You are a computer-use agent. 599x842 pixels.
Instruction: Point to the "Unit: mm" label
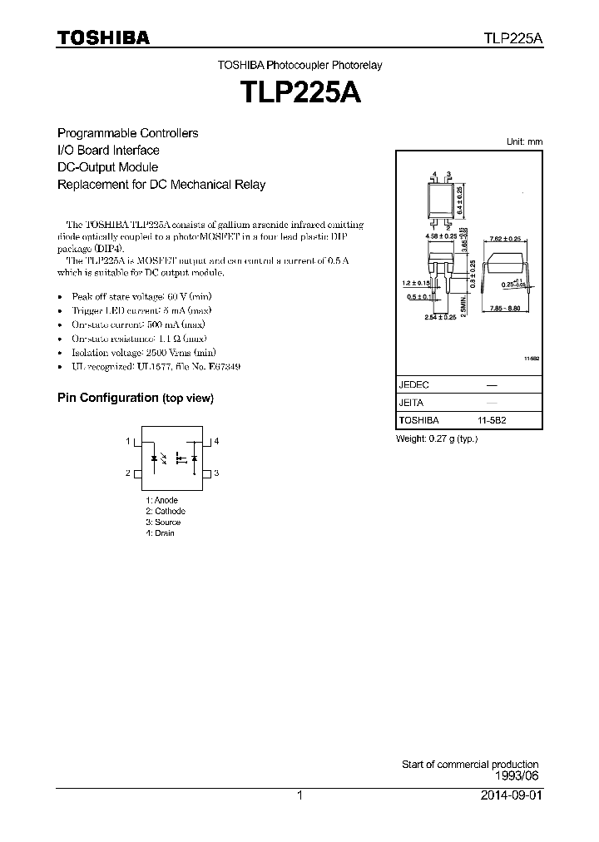point(524,142)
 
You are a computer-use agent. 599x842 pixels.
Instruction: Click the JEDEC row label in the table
point(413,386)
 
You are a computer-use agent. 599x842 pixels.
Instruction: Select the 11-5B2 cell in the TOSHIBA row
point(491,421)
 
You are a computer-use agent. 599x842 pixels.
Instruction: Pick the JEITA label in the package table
point(411,404)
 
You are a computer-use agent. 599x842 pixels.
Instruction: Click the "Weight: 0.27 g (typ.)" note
point(436,438)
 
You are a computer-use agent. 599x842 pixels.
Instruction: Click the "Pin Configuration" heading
point(107,398)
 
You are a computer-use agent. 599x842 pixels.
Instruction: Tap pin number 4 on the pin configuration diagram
point(216,441)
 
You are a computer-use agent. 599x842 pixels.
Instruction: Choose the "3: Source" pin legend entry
point(162,522)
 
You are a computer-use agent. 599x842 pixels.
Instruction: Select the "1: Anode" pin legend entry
point(161,500)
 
